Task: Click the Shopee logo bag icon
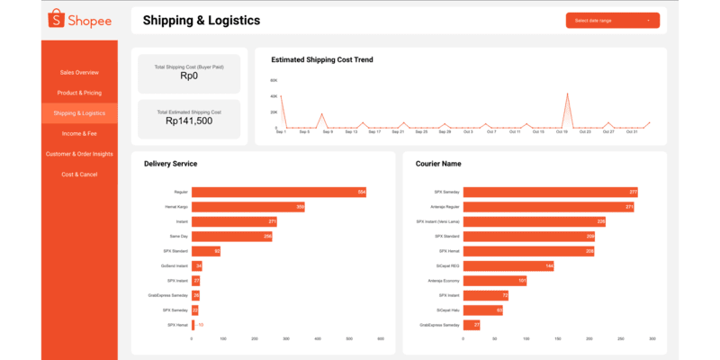[x=56, y=19]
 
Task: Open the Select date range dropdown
[x=612, y=20]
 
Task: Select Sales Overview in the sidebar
[x=79, y=72]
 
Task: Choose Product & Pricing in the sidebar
[x=79, y=93]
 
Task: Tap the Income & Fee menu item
[x=79, y=133]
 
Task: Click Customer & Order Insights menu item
[x=79, y=154]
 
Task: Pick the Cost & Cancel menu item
[x=79, y=174]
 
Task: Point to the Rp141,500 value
[x=188, y=121]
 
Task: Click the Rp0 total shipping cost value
[x=188, y=76]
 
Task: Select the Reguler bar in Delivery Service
[x=279, y=192]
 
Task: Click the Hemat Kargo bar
[x=247, y=207]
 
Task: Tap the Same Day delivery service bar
[x=231, y=237]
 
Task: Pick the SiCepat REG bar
[x=508, y=265]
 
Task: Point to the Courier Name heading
[x=438, y=164]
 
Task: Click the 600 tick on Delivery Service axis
[x=381, y=339]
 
